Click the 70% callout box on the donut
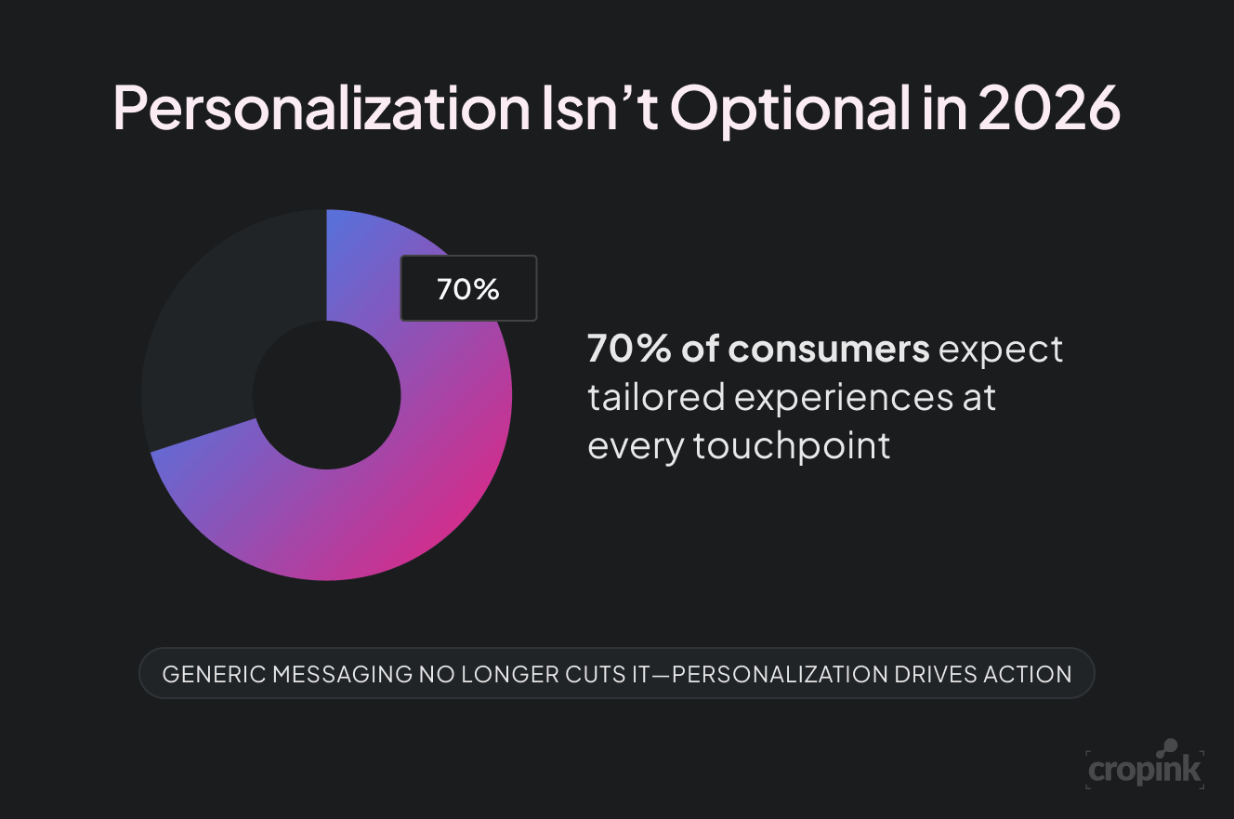pyautogui.click(x=468, y=289)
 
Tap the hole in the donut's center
pyautogui.click(x=326, y=395)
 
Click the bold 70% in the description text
pyautogui.click(x=628, y=350)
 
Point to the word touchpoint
pyautogui.click(x=792, y=446)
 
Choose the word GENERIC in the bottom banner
pyautogui.click(x=212, y=674)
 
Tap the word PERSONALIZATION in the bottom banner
pyautogui.click(x=778, y=674)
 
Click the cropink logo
pyautogui.click(x=1145, y=767)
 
